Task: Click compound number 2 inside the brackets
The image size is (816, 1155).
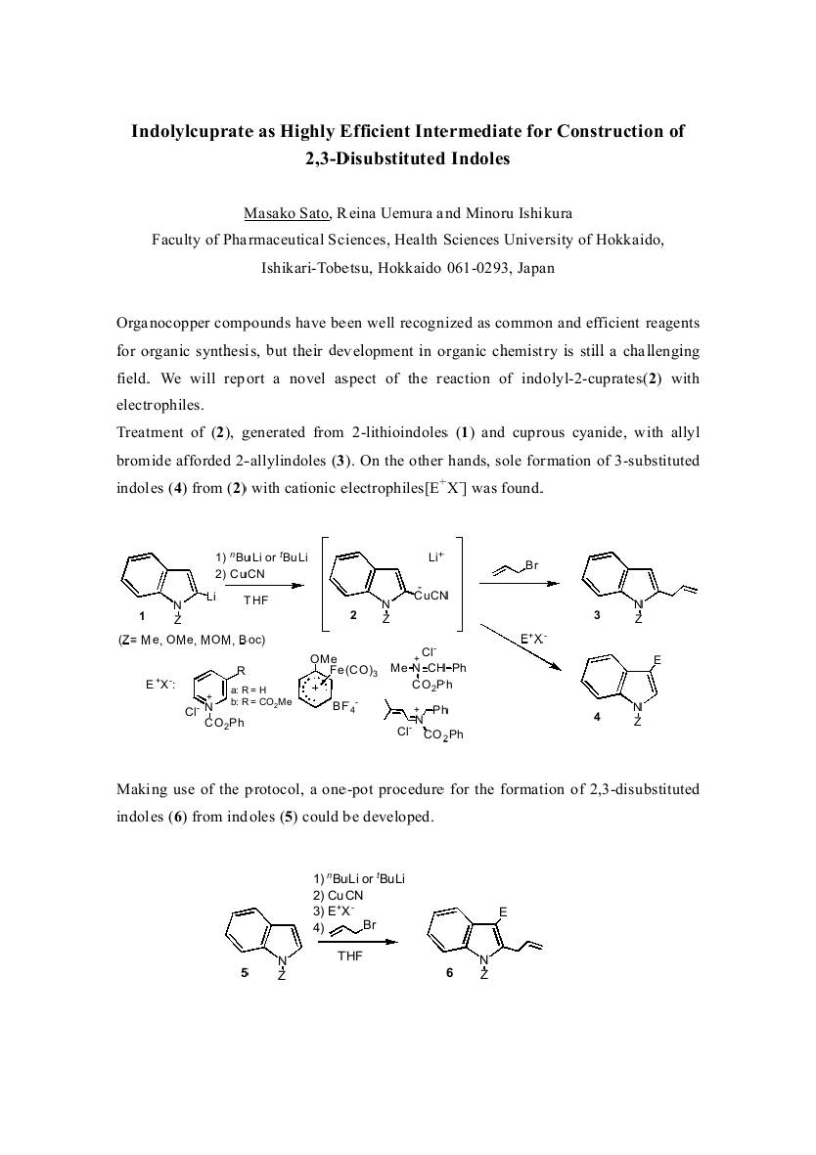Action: point(353,614)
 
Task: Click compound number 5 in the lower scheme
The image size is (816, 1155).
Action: point(245,971)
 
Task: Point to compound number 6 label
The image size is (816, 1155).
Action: point(449,972)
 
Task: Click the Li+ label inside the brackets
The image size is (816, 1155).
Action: point(436,556)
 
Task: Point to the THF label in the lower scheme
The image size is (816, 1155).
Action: point(349,956)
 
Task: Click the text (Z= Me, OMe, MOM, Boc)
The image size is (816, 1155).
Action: point(191,640)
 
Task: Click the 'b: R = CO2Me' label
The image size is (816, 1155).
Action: point(260,701)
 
